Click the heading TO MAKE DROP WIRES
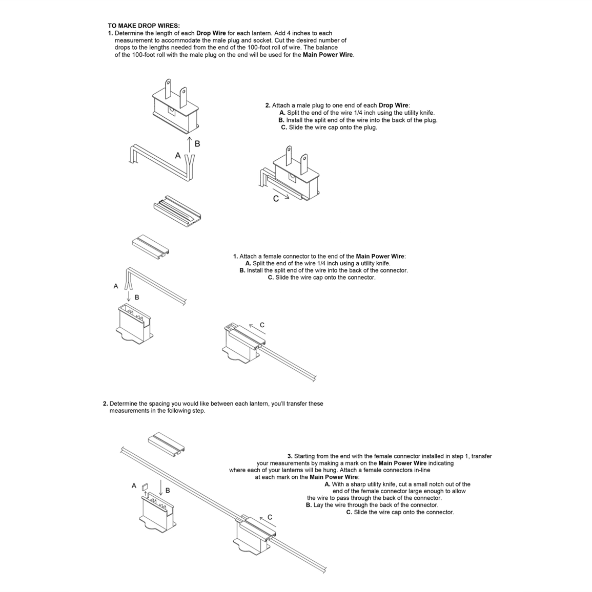click(144, 26)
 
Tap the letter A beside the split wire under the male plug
click(178, 156)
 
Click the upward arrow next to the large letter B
click(190, 144)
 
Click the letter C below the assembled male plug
click(276, 199)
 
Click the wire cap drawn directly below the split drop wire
click(177, 210)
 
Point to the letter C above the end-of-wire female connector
click(262, 325)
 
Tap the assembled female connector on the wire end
click(243, 344)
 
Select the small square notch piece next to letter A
click(144, 487)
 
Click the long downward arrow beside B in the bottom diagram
click(161, 489)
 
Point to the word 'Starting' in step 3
click(305, 456)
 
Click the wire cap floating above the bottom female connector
click(166, 443)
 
